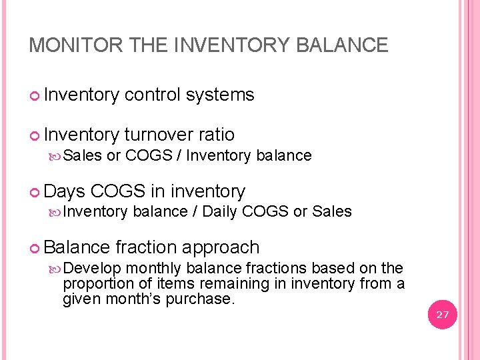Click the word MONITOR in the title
pyautogui.click(x=66, y=45)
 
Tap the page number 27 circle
pyautogui.click(x=443, y=315)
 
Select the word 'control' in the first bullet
pyautogui.click(x=154, y=95)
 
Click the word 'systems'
pyautogui.click(x=220, y=95)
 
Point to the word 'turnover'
pyautogui.click(x=159, y=135)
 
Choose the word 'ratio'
pyautogui.click(x=217, y=135)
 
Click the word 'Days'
pyautogui.click(x=65, y=192)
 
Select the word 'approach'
pyautogui.click(x=221, y=248)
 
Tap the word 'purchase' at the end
pyautogui.click(x=205, y=299)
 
